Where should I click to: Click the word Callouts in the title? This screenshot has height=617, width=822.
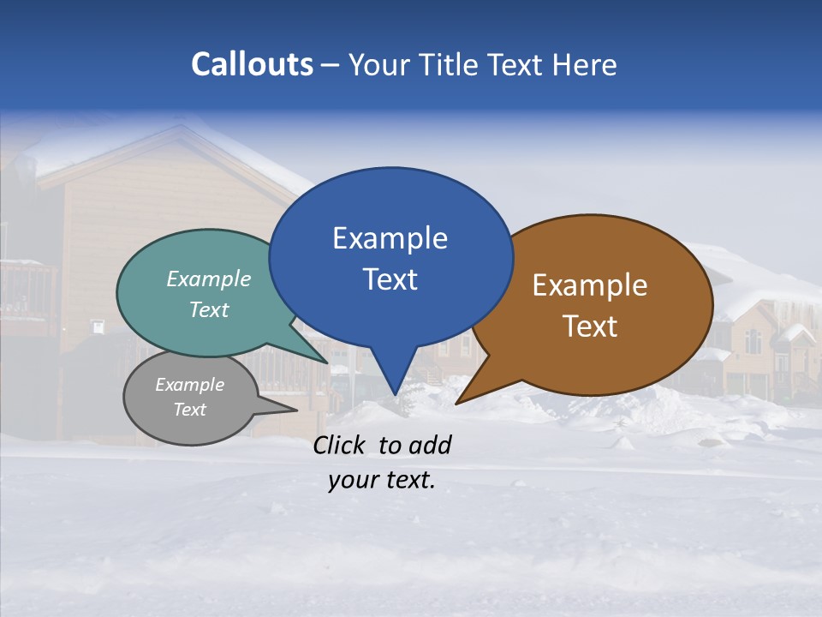coord(252,64)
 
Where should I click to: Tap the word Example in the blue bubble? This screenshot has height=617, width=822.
coord(390,238)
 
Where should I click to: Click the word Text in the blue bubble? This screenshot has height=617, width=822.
coord(390,279)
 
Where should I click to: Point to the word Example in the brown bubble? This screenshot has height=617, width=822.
coord(590,285)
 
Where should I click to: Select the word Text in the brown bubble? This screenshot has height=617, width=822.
coord(590,326)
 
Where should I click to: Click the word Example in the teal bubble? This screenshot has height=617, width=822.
coord(209,279)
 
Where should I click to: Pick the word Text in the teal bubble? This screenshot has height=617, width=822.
coord(209,309)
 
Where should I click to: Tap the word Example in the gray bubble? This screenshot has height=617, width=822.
coord(190,385)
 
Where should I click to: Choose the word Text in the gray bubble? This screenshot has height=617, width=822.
coord(190,410)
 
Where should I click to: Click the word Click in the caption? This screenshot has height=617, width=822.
coord(341,445)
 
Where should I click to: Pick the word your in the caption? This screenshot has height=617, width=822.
coord(352,480)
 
